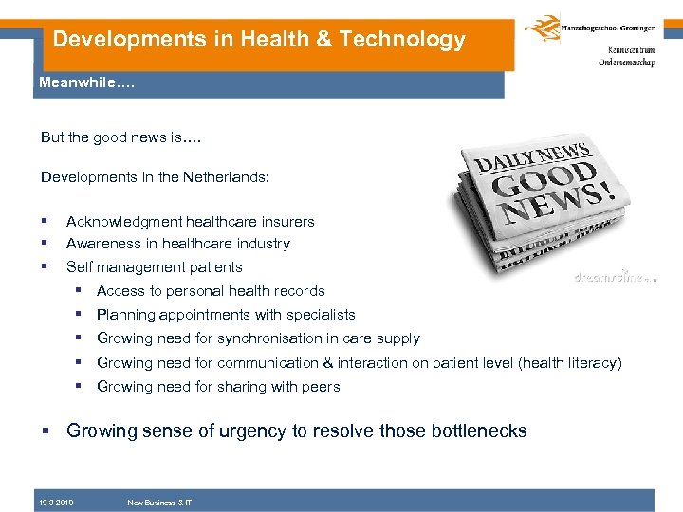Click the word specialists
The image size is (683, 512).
coord(321,315)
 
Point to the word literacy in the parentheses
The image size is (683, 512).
coord(593,363)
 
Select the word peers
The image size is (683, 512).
coord(321,387)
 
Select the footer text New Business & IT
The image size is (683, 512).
coord(159,503)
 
